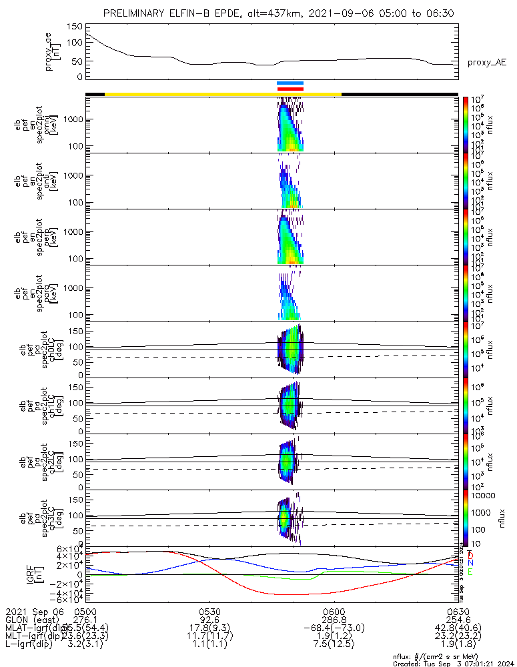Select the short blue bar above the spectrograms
(290, 83)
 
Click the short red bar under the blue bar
(290, 89)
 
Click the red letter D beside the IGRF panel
(470, 555)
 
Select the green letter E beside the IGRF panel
(470, 572)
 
